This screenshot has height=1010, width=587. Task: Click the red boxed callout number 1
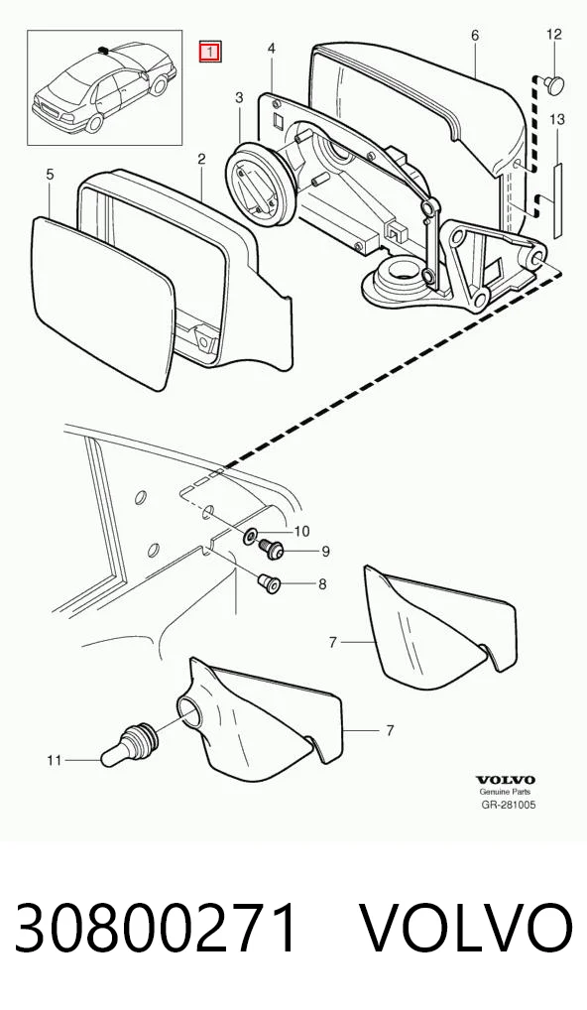click(210, 52)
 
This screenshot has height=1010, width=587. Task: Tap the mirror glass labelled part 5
click(103, 302)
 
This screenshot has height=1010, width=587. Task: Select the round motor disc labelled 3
click(260, 185)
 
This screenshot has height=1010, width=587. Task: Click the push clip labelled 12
click(553, 83)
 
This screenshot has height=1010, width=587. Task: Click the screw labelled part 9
click(272, 549)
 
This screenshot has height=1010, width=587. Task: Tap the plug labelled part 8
click(269, 583)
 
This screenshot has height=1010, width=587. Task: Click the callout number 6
click(475, 36)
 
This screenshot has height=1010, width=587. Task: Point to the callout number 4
click(272, 49)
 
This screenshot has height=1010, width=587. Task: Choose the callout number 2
click(201, 159)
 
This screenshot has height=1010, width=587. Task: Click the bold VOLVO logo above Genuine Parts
click(506, 781)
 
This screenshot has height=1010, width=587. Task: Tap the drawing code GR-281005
click(509, 804)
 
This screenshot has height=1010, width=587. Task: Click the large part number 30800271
click(157, 929)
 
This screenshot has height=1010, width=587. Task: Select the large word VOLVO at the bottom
click(465, 929)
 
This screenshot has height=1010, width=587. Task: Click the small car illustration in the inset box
click(104, 87)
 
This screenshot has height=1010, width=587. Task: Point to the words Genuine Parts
click(505, 792)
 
